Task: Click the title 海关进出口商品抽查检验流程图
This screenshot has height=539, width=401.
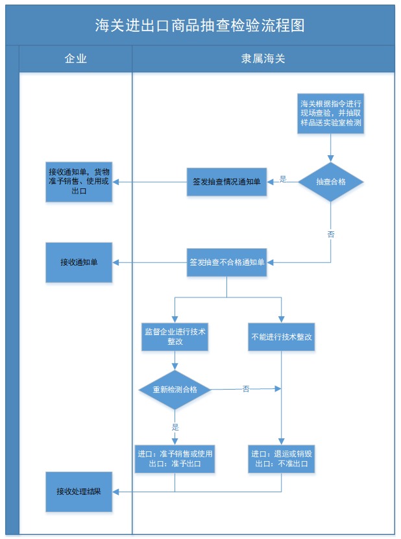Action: point(200,25)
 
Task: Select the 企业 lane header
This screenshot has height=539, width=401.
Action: point(76,58)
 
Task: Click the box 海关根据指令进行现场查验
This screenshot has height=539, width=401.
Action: point(331,113)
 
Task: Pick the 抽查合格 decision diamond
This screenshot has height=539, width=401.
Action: point(331,182)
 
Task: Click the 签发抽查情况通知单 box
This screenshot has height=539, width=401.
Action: point(226,182)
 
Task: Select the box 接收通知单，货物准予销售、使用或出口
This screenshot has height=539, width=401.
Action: point(79,181)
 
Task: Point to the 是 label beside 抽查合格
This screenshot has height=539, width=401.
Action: point(283,179)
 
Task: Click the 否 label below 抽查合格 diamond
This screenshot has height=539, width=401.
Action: point(331,234)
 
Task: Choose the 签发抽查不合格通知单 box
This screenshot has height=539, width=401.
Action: point(226,262)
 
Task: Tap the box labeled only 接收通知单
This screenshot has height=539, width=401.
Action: point(79,262)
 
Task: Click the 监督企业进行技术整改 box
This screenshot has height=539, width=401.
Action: point(175,336)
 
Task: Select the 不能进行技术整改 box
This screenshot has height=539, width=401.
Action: point(282,337)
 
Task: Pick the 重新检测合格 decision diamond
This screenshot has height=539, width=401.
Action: point(175,390)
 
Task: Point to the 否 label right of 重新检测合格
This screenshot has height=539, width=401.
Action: point(246,388)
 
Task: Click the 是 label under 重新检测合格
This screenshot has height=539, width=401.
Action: point(175,427)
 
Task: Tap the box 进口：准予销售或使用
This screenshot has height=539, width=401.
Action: point(175,459)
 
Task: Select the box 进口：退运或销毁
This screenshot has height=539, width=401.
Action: point(282,459)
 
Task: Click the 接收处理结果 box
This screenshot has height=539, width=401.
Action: point(79,491)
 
